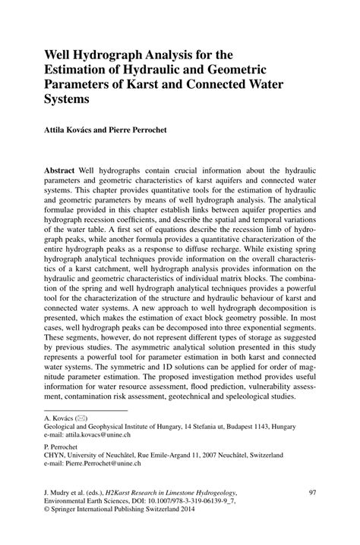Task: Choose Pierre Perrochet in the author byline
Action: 156,130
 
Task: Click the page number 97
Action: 311,493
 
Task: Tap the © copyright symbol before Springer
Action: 48,512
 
